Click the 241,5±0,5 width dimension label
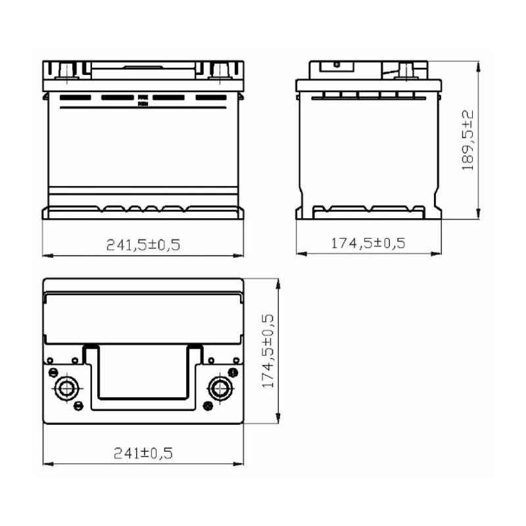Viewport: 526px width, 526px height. point(143,245)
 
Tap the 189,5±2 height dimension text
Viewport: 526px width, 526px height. point(468,140)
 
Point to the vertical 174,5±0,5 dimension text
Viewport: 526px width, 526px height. point(268,350)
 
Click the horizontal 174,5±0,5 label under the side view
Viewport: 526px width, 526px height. point(368,243)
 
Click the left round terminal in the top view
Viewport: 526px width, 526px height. point(66,387)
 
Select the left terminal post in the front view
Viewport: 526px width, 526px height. point(67,68)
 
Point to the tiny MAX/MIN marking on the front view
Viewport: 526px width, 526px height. point(141,100)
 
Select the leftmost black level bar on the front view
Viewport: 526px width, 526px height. point(74,98)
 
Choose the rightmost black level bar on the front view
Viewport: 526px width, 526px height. point(210,98)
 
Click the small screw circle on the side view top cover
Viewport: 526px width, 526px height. point(336,64)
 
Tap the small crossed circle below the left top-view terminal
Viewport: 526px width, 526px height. point(77,404)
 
